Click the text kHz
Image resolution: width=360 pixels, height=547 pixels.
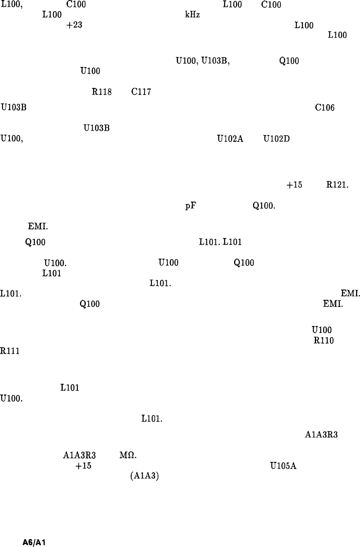coord(192,15)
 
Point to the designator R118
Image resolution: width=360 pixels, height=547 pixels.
coord(101,92)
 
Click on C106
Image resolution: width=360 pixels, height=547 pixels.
coord(325,108)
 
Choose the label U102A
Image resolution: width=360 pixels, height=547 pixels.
coord(230,139)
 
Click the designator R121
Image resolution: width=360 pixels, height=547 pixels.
coord(337,185)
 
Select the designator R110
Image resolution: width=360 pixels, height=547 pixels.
coord(324,340)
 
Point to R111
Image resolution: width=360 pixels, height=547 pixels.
coord(10,351)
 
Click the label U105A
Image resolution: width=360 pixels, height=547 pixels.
coord(283,466)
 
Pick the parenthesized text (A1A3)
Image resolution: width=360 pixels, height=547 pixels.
coord(144,476)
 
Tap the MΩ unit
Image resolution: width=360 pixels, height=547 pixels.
coord(128,456)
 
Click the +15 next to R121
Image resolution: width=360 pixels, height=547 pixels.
coord(294,185)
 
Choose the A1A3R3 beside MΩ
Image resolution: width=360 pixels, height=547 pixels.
coord(79,456)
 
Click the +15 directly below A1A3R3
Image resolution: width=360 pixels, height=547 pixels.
coord(83,466)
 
